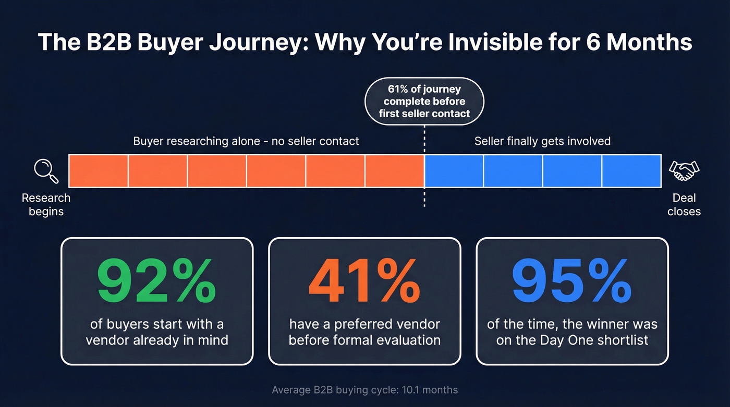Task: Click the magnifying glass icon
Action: click(x=46, y=171)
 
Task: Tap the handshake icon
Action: click(x=684, y=170)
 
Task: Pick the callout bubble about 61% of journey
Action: click(x=424, y=101)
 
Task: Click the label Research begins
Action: click(x=46, y=205)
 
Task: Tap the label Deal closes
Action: click(x=684, y=205)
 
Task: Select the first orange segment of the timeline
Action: click(x=99, y=171)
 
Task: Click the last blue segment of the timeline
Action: click(x=631, y=171)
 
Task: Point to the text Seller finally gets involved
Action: click(x=542, y=141)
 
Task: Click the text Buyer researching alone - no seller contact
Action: click(x=246, y=141)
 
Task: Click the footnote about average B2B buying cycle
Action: click(x=364, y=390)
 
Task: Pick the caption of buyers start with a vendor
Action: click(x=156, y=332)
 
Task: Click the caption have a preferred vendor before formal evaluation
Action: click(x=364, y=332)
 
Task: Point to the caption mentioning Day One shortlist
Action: click(x=572, y=332)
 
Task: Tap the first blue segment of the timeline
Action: click(x=454, y=171)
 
